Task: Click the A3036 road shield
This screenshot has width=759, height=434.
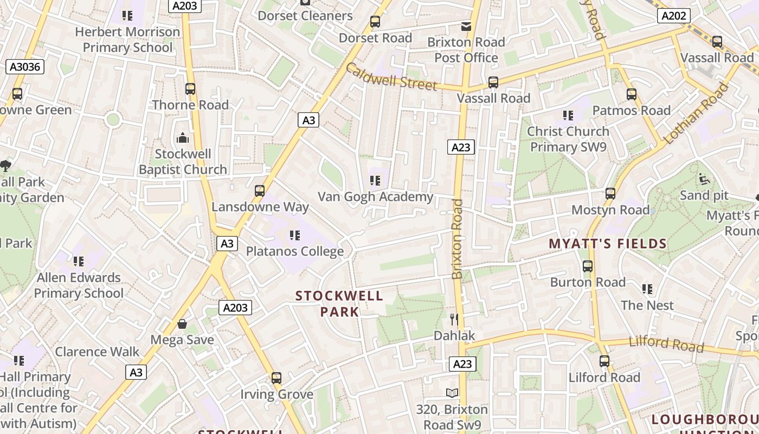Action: [x=24, y=67]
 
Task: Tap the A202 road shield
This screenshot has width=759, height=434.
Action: [x=673, y=16]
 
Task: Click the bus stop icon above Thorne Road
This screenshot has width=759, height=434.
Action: [x=190, y=89]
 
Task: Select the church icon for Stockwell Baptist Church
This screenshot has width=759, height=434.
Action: [x=183, y=138]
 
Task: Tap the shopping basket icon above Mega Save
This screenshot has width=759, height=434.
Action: [x=182, y=324]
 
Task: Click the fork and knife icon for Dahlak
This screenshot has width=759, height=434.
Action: [x=454, y=319]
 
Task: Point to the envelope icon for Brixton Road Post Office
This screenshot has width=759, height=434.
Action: [x=466, y=26]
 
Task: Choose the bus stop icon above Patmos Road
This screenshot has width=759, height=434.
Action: [x=632, y=94]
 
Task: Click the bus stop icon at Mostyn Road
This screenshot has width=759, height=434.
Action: [x=610, y=194]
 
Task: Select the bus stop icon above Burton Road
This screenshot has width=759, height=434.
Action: [x=588, y=266]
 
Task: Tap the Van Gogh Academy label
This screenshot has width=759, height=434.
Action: [x=375, y=196]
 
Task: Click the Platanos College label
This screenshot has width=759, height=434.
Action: [x=295, y=251]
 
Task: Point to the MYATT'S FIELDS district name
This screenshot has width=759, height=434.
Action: [x=608, y=244]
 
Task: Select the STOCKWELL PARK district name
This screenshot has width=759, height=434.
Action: [x=339, y=304]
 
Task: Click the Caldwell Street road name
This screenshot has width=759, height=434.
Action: [x=390, y=77]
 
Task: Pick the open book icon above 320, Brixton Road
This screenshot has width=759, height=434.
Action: [x=452, y=393]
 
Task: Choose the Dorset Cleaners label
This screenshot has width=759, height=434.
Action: [x=305, y=16]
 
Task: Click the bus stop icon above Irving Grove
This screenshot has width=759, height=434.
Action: [x=276, y=378]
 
